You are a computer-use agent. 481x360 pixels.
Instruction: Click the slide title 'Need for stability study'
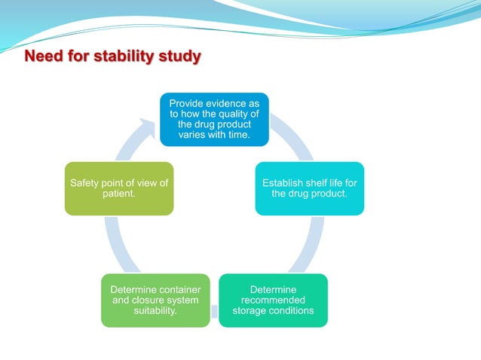(113, 56)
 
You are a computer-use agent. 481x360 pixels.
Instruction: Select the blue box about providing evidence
(214, 119)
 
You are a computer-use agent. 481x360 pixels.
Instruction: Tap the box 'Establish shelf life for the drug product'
(309, 188)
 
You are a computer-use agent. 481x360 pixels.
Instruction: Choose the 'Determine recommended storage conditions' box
(273, 300)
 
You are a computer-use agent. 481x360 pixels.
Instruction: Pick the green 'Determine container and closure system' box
(155, 300)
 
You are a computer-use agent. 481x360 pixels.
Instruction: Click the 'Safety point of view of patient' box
(119, 188)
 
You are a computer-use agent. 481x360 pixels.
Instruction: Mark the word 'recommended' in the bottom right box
(273, 301)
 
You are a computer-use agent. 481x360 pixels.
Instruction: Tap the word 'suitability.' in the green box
(155, 311)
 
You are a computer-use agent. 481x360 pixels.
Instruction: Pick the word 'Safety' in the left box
(85, 183)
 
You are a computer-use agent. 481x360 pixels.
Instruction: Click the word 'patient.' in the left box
(119, 194)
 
